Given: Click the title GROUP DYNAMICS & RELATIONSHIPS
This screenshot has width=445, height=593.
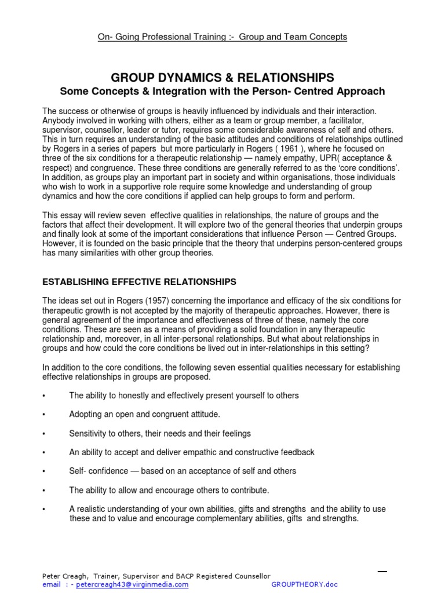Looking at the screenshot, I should click(x=222, y=78).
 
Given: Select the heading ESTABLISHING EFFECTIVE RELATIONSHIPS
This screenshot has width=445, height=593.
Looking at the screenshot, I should click(x=140, y=282).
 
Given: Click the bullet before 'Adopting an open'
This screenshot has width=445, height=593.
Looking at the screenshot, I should click(x=44, y=415).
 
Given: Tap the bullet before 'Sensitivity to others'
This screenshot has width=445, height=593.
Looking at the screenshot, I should click(x=44, y=434).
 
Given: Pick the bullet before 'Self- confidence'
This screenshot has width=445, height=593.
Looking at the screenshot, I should click(x=44, y=471).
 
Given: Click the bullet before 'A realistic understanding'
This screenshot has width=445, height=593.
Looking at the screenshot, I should click(x=44, y=510).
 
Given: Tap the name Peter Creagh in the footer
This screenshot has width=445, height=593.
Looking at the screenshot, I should click(x=65, y=576).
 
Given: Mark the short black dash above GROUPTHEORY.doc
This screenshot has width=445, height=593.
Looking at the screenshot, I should click(x=382, y=572).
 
